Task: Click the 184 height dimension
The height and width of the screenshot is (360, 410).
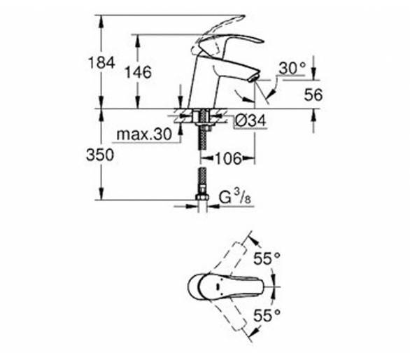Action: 101,63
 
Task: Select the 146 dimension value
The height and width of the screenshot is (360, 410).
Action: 138,72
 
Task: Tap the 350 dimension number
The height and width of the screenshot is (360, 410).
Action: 100,155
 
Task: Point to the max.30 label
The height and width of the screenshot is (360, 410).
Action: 144,134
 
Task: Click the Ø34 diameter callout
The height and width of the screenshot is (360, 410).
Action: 250,120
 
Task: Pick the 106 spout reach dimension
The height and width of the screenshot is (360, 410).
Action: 228,158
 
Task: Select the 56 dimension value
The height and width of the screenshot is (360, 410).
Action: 313,95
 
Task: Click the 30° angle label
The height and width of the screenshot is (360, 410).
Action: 292,68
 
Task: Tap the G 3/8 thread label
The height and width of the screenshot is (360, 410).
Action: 235,197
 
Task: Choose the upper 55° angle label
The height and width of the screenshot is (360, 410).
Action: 267,258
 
